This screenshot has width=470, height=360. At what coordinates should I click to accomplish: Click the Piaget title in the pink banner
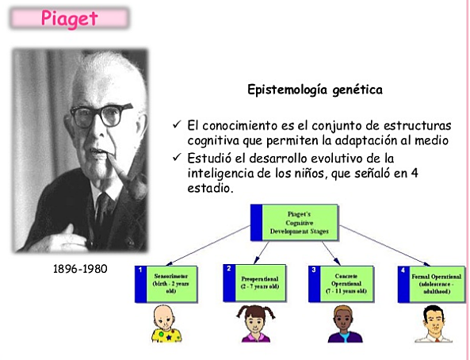[71, 17]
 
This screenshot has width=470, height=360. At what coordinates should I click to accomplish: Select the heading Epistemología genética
[315, 90]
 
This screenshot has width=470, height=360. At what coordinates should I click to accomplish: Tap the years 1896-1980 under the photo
[79, 269]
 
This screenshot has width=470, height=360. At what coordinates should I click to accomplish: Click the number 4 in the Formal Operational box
[403, 270]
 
